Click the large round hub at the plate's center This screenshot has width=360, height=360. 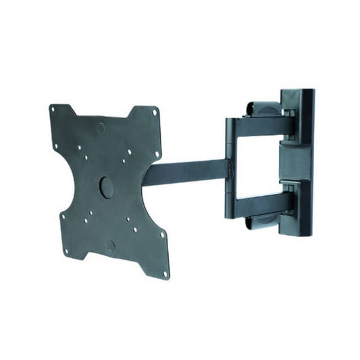(x=107, y=187)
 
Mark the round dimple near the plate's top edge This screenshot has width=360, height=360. (x=101, y=127)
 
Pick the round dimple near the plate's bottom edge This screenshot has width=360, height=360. (x=110, y=245)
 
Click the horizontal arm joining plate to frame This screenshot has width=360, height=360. (x=186, y=172)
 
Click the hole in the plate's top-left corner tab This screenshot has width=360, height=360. (x=53, y=108)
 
